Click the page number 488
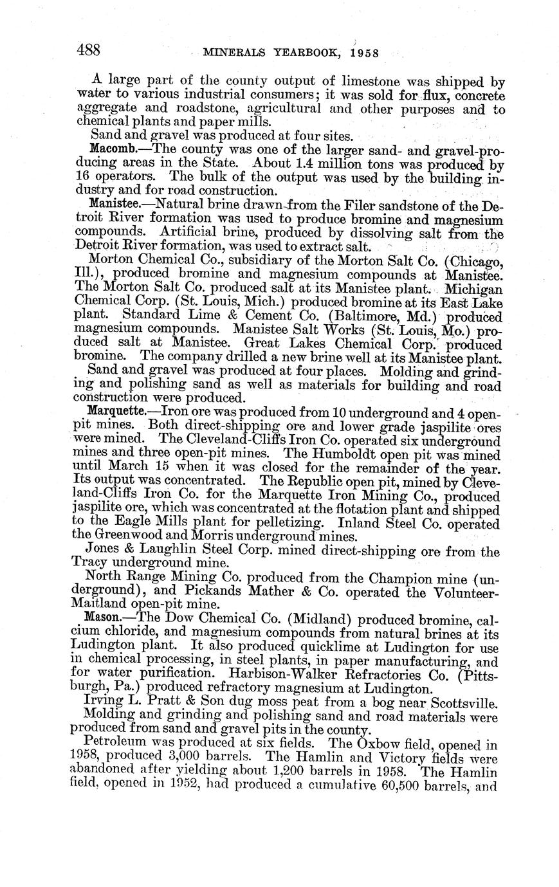coord(87,50)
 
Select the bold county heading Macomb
coord(111,150)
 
